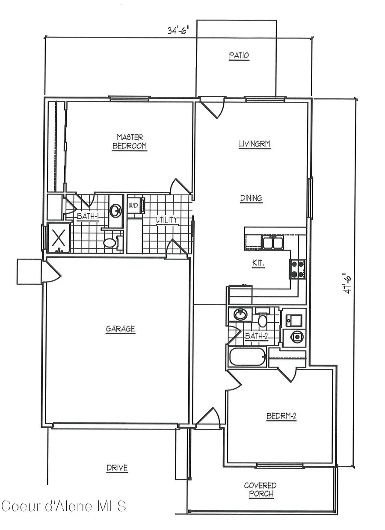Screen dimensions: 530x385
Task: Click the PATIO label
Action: pyautogui.click(x=239, y=56)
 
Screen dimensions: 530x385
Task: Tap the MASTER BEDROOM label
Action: pyautogui.click(x=130, y=141)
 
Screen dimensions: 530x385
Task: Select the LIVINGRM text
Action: pyautogui.click(x=255, y=144)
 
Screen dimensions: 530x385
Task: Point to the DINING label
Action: pyautogui.click(x=251, y=198)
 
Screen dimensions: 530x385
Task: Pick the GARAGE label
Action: pyautogui.click(x=120, y=329)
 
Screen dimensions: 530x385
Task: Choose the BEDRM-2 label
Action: pyautogui.click(x=281, y=415)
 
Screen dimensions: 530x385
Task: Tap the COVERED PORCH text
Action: pyautogui.click(x=260, y=490)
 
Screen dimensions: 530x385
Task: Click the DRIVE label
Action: pyautogui.click(x=117, y=468)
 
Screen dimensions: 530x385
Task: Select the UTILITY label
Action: pyautogui.click(x=167, y=220)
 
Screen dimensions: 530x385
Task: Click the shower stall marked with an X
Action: pyautogui.click(x=58, y=237)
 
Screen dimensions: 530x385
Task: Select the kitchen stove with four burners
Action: pyautogui.click(x=298, y=269)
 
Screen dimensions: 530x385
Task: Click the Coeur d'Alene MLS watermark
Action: pyautogui.click(x=64, y=506)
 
